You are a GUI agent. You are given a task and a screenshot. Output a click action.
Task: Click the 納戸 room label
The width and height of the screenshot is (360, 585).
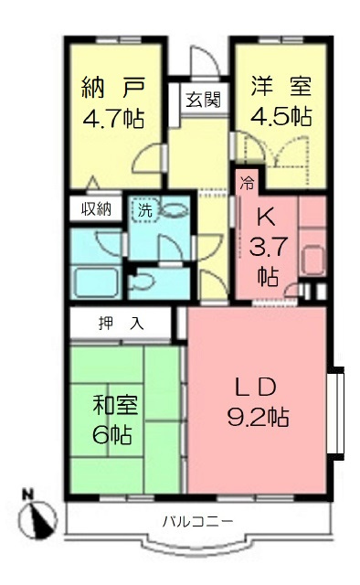(x=103, y=89)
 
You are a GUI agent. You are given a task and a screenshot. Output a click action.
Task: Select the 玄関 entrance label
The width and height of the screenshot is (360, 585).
(x=203, y=100)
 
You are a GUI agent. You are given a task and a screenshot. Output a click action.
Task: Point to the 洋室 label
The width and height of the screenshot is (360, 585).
(x=281, y=87)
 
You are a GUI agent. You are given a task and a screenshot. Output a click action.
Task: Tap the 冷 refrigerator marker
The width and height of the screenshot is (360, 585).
(x=247, y=182)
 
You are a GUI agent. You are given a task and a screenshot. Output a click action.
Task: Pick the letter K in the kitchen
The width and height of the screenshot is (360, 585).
(x=265, y=219)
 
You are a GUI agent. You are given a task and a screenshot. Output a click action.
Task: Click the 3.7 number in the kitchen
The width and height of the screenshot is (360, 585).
(x=265, y=247)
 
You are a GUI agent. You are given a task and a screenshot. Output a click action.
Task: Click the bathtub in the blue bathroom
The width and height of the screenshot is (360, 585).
(x=97, y=281)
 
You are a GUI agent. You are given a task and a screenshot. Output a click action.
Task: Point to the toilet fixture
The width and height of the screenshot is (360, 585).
(x=144, y=282)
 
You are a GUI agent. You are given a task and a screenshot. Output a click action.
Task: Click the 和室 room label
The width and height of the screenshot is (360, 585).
(x=109, y=403)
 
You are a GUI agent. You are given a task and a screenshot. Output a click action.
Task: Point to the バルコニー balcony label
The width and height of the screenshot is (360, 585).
(x=197, y=521)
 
